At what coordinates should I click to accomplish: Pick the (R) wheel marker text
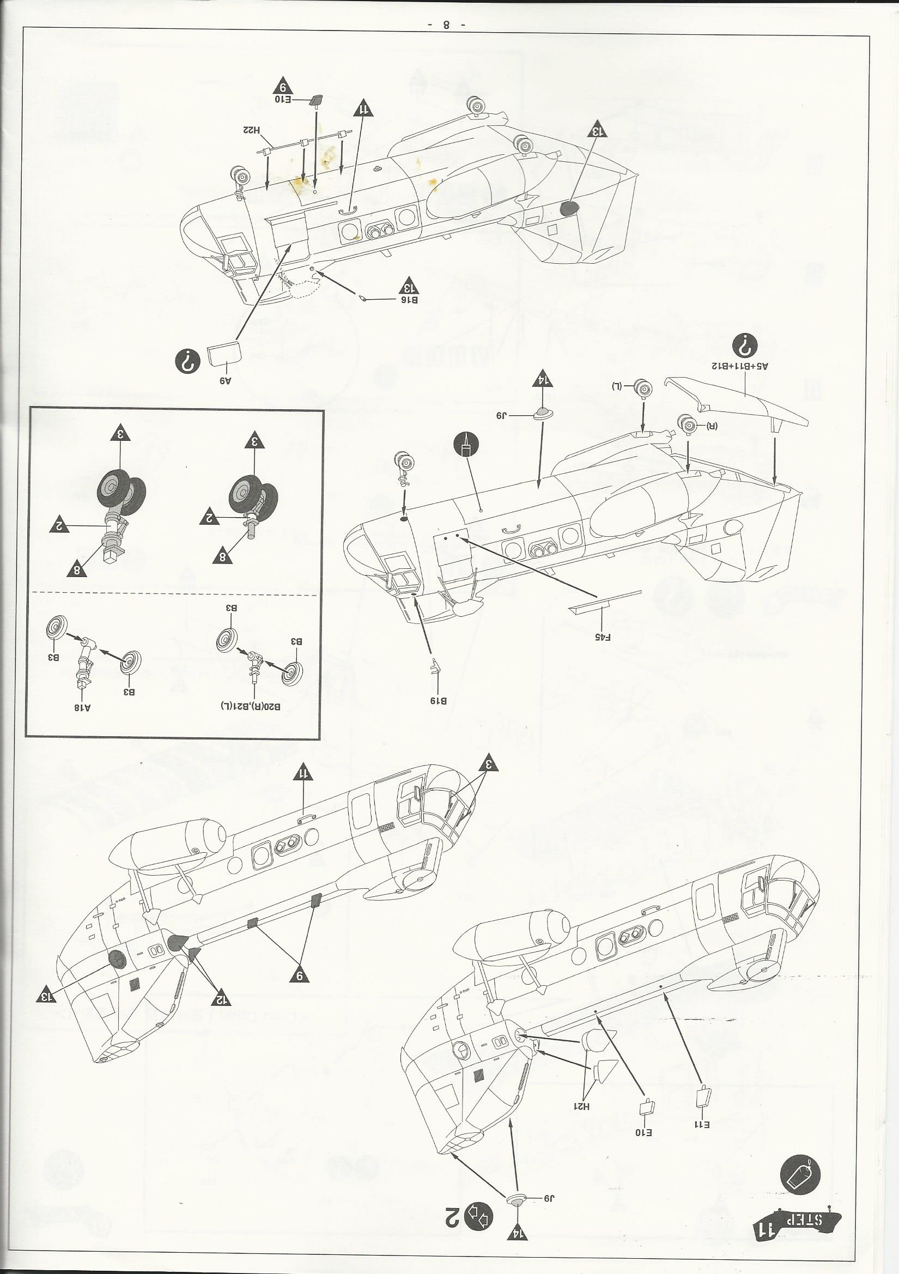click(x=712, y=426)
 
